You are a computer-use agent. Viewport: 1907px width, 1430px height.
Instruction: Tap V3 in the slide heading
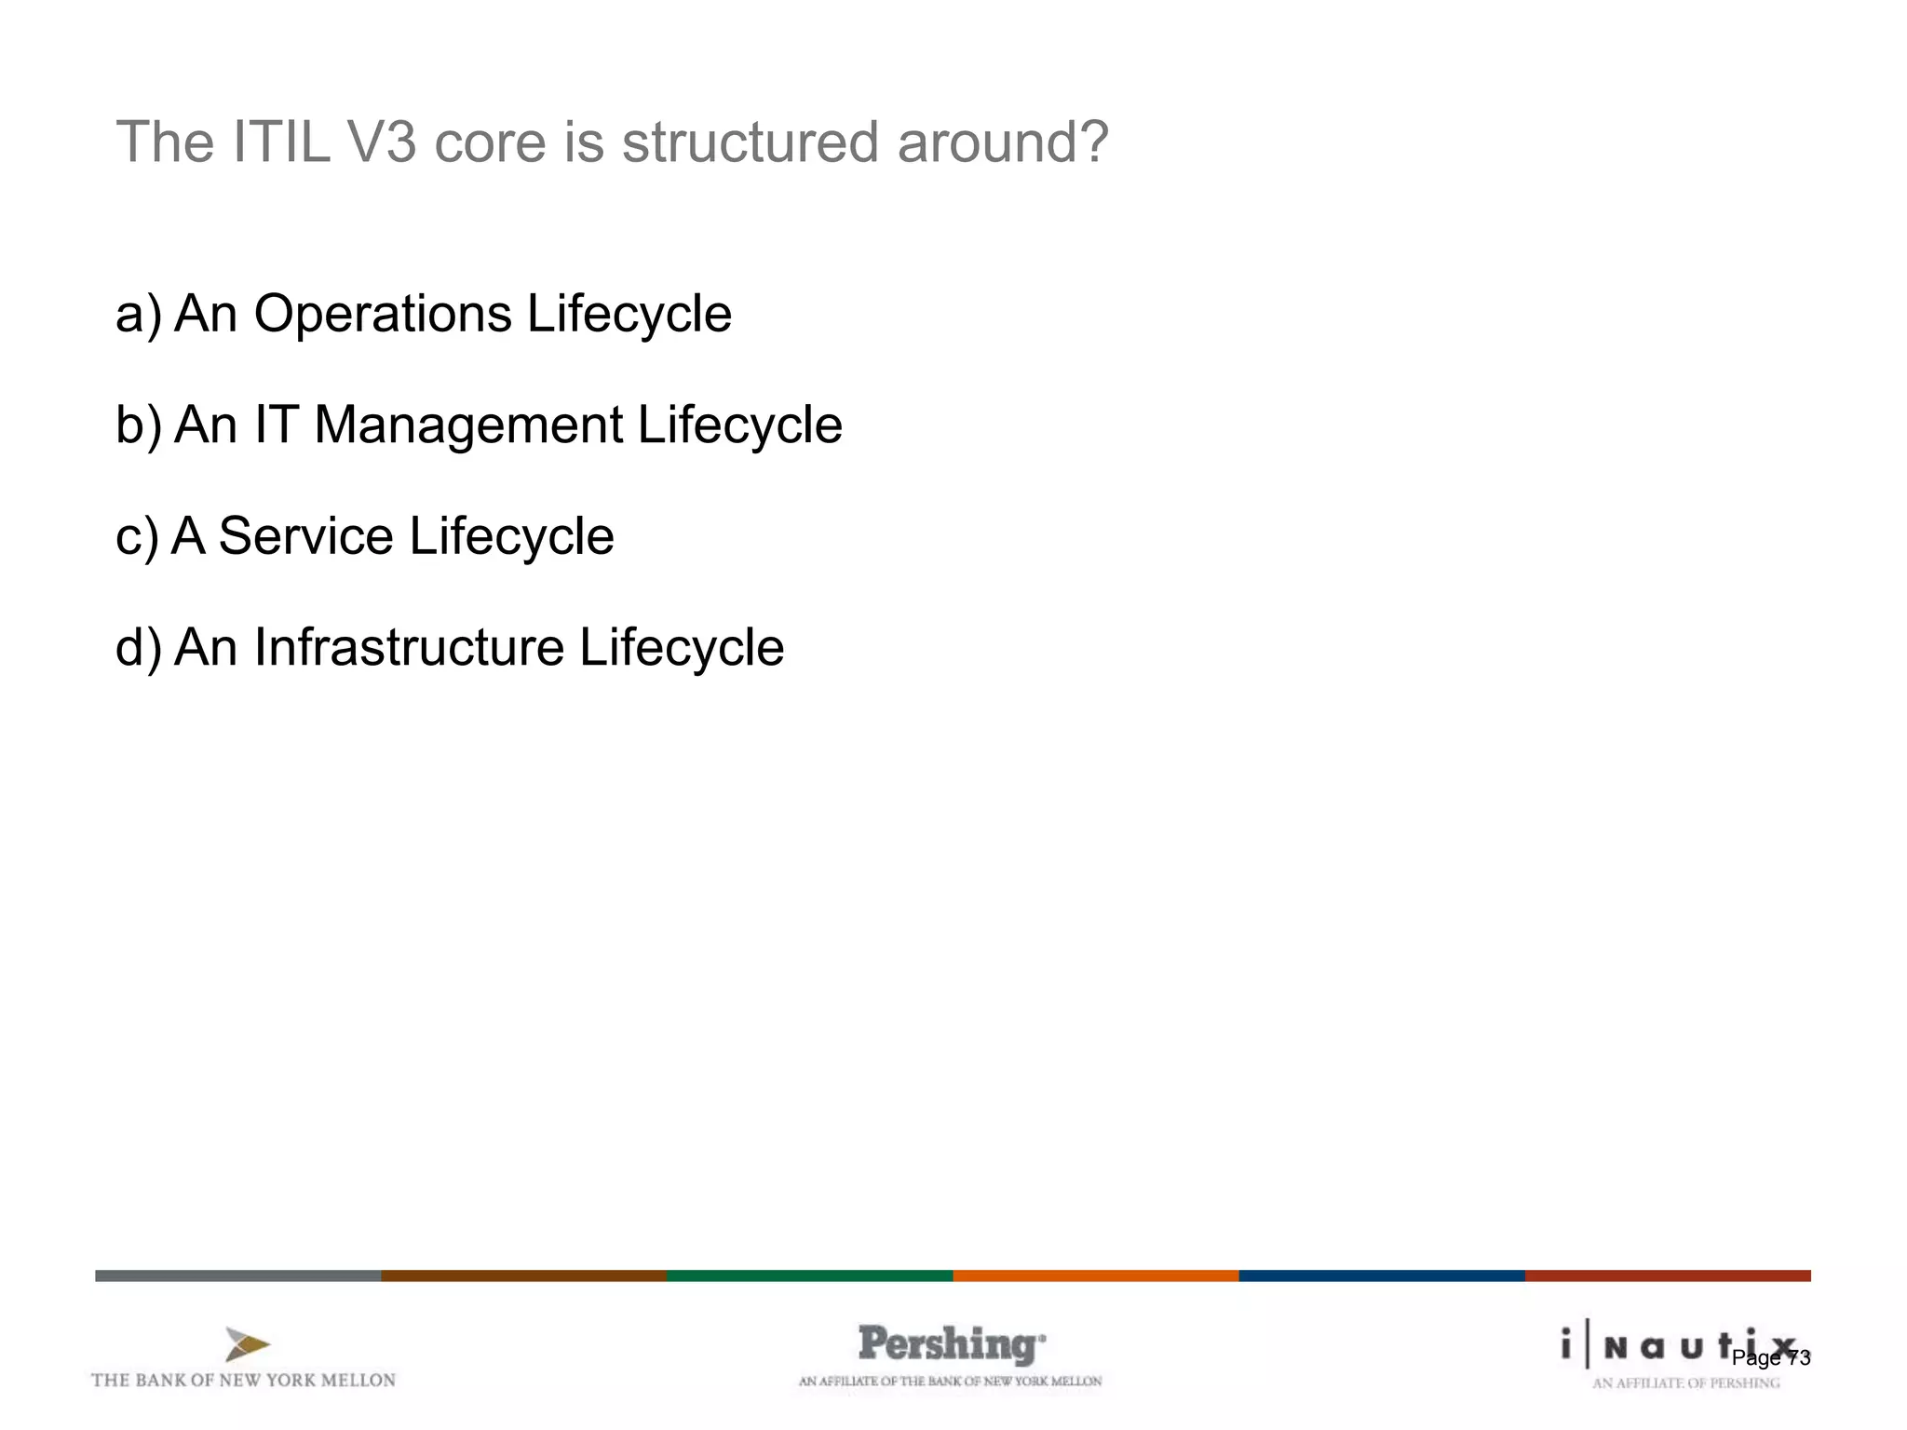(382, 142)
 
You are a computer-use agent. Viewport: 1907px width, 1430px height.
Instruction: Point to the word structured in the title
(750, 142)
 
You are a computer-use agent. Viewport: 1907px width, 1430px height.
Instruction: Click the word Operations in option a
(382, 314)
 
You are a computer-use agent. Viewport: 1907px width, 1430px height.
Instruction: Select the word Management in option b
(468, 425)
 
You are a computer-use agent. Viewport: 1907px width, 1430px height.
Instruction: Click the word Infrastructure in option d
(409, 648)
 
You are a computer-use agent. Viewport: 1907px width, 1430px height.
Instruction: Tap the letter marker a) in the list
(138, 314)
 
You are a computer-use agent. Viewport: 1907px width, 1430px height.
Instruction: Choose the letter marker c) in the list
(137, 537)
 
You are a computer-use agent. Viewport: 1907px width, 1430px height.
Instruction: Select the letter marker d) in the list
(138, 648)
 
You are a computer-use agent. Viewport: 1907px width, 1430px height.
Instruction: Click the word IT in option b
(277, 425)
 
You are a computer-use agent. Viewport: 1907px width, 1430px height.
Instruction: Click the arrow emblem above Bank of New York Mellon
(247, 1345)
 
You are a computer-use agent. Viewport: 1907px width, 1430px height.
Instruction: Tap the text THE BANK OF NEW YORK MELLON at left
(243, 1381)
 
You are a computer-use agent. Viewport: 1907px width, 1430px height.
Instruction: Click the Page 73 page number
(1770, 1358)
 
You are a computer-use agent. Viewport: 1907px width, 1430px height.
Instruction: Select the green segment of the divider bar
(809, 1275)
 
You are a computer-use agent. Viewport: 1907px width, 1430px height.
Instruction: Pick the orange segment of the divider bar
(1095, 1275)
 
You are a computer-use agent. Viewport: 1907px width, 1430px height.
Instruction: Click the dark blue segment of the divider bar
(1381, 1275)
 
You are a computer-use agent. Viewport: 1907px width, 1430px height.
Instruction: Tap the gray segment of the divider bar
(237, 1275)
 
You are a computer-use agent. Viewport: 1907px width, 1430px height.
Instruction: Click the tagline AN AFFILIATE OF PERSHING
(1685, 1383)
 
